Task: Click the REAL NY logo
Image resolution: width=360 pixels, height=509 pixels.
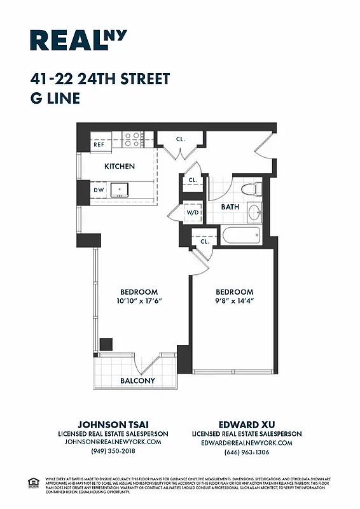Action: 78,40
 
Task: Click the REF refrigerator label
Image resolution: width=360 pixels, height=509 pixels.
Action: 99,144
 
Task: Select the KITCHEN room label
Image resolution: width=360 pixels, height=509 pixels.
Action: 120,166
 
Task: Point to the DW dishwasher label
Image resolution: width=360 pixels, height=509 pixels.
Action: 99,190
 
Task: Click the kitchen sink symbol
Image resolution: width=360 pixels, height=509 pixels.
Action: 120,190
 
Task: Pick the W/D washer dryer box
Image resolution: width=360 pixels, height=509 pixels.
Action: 193,213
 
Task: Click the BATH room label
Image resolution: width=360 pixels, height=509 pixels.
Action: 230,207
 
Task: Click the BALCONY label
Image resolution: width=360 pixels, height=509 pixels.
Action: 137,380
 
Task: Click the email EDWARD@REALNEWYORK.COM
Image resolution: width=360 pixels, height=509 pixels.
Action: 246,442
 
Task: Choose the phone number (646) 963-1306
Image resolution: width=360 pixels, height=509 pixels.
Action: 246,452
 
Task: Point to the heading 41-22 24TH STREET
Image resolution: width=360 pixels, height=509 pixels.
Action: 100,80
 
